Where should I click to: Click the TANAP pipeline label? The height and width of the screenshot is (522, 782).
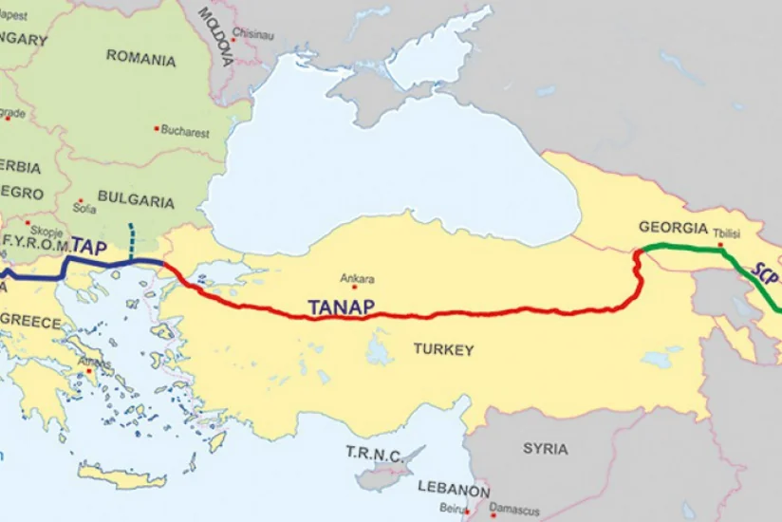[342, 306]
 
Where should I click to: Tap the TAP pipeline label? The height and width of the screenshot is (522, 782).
[88, 246]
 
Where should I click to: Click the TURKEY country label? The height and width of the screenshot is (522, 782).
[442, 350]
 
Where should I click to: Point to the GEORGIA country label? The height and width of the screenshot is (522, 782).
[673, 229]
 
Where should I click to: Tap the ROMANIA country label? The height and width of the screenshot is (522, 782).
[140, 59]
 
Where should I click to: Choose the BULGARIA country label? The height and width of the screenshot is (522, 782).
[136, 202]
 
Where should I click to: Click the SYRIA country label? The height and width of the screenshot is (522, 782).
[545, 449]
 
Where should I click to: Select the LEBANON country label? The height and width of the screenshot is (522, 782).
[454, 492]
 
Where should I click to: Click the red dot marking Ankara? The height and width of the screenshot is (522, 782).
[354, 287]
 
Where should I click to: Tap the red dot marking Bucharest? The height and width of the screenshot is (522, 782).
[157, 128]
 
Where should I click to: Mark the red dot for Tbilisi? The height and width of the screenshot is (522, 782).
[721, 244]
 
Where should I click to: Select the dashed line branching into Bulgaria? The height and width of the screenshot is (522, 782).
[131, 239]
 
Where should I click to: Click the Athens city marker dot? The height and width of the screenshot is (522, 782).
[90, 371]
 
